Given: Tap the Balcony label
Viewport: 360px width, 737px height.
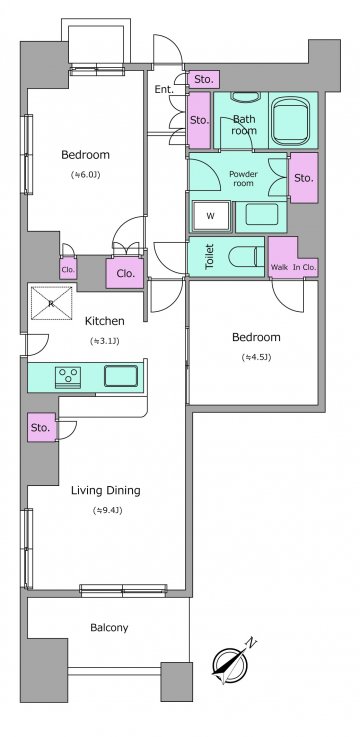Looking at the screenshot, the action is click(109, 627).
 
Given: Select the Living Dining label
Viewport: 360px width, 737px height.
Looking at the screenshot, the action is click(106, 491).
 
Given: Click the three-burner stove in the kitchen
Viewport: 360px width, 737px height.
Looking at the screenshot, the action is click(68, 377).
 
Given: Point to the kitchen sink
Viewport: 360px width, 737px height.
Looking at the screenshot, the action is click(121, 376).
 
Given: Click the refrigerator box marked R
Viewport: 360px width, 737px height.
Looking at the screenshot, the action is click(51, 303).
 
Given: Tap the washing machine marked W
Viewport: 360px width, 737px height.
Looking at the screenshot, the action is click(211, 216).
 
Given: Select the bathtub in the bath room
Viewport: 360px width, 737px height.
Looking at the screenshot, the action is click(290, 120).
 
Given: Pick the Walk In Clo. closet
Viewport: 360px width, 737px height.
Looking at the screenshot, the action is click(293, 258).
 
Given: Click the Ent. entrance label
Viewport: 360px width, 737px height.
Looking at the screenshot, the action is click(164, 89).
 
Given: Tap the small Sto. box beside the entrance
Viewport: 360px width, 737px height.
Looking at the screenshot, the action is click(204, 79).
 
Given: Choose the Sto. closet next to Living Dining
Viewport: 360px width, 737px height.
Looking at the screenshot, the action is click(41, 427).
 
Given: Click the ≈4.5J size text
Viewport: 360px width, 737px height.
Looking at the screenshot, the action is click(257, 357).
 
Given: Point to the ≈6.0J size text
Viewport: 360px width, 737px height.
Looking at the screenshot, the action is click(86, 175).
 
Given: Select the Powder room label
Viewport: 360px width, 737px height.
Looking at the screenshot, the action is click(243, 178).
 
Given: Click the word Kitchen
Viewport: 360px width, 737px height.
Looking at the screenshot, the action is click(104, 321).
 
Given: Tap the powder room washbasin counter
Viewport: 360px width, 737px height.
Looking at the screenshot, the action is click(261, 216).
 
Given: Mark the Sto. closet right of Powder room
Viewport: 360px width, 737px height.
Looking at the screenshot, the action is click(304, 178).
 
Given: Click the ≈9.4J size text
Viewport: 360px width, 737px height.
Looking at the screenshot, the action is click(108, 510).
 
